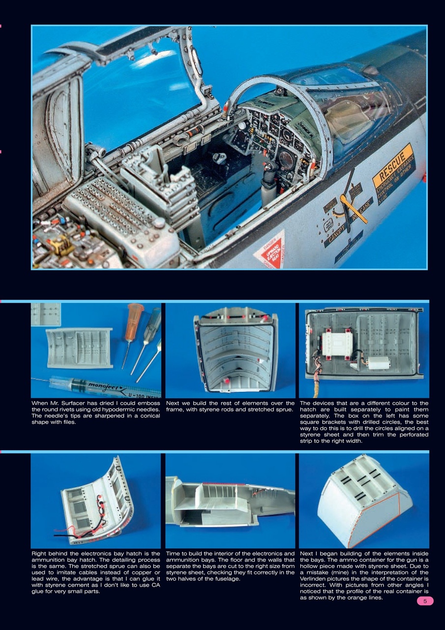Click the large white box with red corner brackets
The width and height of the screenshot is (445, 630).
(337, 344)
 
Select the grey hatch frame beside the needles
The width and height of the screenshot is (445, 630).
(79, 348)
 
